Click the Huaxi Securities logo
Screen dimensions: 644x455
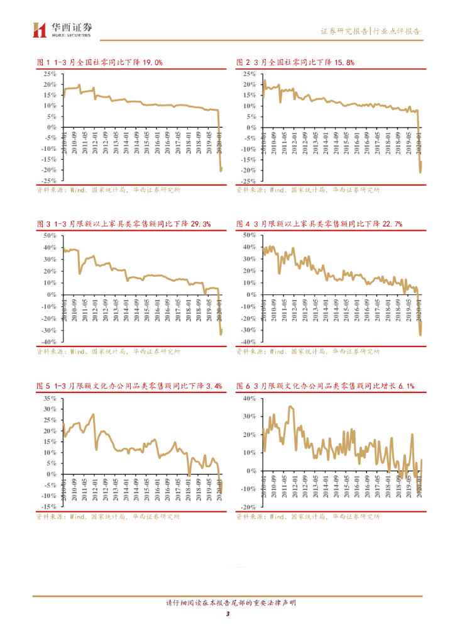62,29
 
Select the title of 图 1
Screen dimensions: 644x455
100,62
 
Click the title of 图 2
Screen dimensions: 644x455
295,62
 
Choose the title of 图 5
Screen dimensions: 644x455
129,386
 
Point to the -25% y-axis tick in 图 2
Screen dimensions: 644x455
248,181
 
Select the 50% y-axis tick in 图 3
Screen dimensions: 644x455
50,235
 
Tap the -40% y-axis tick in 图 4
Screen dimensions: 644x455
248,341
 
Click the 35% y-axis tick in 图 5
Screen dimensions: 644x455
50,399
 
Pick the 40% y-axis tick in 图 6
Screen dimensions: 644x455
249,399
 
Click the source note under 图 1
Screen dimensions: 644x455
108,189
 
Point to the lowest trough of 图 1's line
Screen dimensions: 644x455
221,170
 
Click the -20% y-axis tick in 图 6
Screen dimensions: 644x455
248,507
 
